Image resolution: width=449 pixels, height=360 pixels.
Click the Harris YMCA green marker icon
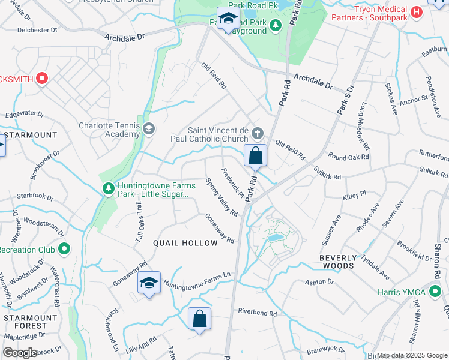(435, 292)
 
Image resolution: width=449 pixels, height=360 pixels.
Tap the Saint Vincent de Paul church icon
(258, 133)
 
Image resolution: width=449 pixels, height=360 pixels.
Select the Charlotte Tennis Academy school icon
(148, 129)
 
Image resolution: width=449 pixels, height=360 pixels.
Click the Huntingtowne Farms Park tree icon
(108, 188)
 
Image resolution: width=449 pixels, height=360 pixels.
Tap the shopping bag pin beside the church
(255, 156)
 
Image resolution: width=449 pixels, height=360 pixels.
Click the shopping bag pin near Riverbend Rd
(199, 319)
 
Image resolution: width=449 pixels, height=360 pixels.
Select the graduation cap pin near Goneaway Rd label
(149, 284)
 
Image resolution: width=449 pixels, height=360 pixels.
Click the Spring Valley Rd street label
(221, 197)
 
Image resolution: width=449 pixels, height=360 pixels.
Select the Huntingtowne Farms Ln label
(197, 280)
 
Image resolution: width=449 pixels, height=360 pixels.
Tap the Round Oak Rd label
(348, 157)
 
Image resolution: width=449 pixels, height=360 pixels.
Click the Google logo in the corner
(20, 353)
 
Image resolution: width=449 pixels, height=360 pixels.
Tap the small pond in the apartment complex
(275, 238)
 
